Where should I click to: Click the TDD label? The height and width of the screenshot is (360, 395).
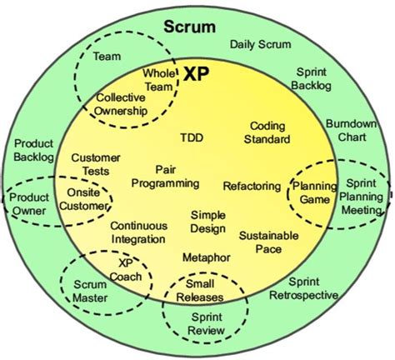click(x=191, y=137)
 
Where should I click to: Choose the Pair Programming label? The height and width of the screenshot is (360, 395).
click(x=165, y=176)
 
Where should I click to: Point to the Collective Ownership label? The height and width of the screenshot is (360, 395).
click(x=122, y=102)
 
